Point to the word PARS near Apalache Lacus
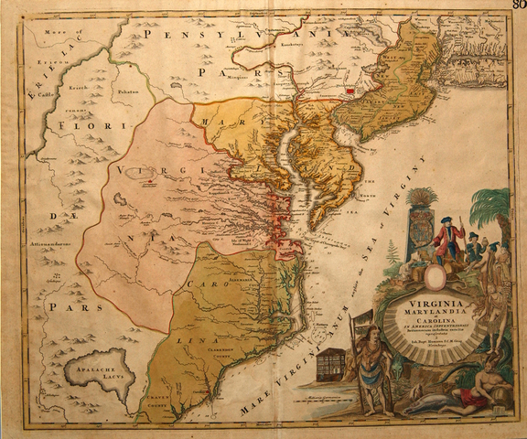(x=64, y=308)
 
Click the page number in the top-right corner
(x=518, y=6)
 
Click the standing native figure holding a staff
(x=371, y=366)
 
